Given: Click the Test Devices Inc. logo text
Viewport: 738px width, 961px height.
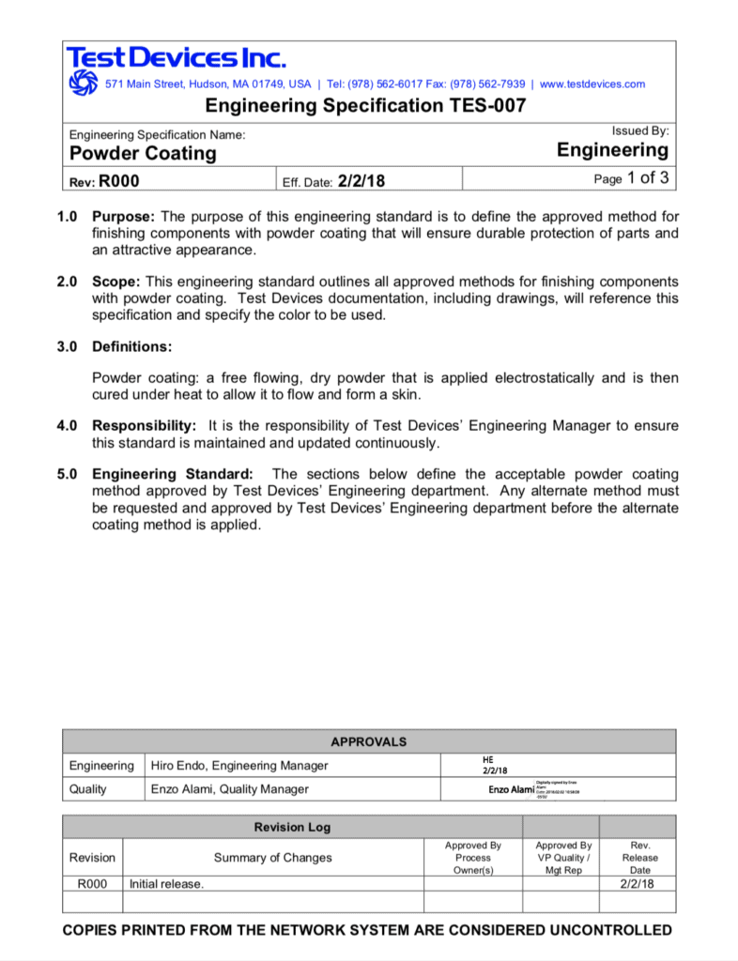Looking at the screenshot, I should click(x=176, y=58).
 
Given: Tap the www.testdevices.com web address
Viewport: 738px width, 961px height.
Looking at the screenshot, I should click(x=592, y=84).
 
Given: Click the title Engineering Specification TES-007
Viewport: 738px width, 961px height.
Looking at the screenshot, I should click(x=365, y=106).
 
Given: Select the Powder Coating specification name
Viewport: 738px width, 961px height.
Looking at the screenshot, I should click(x=144, y=153).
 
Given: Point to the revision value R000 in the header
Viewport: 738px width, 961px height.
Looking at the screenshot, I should click(x=119, y=179).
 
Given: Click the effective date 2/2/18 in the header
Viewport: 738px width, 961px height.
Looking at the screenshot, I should click(x=362, y=179).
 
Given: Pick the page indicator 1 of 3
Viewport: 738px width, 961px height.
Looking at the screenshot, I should click(x=646, y=177).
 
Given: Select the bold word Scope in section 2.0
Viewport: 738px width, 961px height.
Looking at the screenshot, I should click(x=115, y=282).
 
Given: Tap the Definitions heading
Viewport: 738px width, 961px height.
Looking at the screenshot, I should click(x=131, y=346).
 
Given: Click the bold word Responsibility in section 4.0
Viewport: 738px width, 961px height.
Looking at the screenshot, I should click(x=144, y=426).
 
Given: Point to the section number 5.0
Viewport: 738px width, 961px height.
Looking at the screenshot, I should click(x=67, y=475).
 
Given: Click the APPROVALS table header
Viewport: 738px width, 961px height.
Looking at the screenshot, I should click(x=368, y=741).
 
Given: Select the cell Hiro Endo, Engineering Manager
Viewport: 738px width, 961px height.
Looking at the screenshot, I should click(x=239, y=766).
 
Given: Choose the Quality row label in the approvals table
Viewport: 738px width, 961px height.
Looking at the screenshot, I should click(x=88, y=789).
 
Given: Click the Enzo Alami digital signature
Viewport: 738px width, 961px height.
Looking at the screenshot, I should click(x=512, y=790).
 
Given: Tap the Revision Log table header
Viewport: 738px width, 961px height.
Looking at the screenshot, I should click(x=292, y=828).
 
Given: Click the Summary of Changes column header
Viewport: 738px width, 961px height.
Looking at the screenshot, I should click(x=272, y=858).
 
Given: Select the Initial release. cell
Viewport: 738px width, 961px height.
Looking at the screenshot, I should click(x=166, y=884).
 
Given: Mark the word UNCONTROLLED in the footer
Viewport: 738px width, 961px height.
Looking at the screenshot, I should click(x=609, y=930).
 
